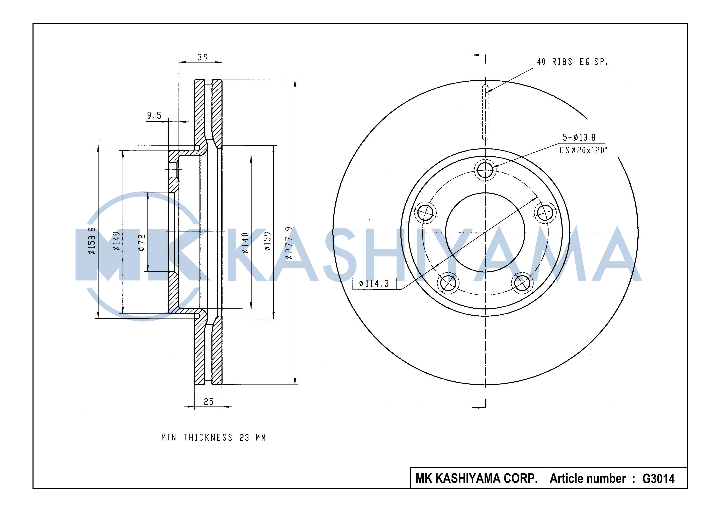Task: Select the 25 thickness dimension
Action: (209, 402)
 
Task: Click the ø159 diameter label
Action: (267, 241)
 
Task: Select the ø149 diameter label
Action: (116, 241)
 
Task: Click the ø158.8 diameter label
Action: (92, 241)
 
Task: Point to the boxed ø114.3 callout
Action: (374, 283)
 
